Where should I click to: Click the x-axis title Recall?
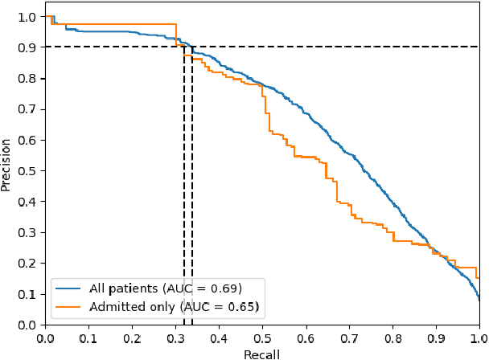click(x=262, y=354)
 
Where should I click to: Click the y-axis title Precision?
click(x=6, y=164)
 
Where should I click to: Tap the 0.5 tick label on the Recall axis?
click(x=262, y=338)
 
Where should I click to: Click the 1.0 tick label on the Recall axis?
click(x=479, y=338)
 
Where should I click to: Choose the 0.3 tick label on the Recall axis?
click(x=175, y=338)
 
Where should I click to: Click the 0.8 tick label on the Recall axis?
click(x=392, y=338)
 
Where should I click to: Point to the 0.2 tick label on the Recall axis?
click(x=132, y=338)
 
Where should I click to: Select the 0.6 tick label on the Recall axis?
click(x=306, y=338)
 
